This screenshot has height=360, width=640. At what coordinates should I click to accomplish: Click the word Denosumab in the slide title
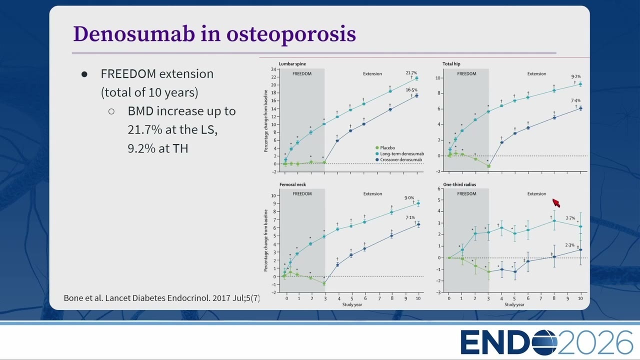(134, 34)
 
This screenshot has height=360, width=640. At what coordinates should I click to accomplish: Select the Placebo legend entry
(385, 147)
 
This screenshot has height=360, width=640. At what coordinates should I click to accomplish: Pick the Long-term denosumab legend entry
(399, 153)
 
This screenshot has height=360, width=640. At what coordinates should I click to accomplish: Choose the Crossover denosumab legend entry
(398, 159)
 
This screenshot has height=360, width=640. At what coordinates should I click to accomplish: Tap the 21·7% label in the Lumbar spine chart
(411, 73)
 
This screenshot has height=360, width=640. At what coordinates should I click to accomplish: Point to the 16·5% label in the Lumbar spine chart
(411, 90)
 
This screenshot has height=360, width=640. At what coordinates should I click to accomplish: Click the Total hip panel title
(451, 63)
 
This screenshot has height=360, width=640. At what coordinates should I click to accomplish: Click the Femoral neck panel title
(292, 184)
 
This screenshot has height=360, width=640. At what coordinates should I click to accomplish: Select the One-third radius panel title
(459, 184)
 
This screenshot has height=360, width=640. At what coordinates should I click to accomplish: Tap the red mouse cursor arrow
(556, 203)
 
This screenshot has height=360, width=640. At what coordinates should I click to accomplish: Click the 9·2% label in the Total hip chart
(576, 76)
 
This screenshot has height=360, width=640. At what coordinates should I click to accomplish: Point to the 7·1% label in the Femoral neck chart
(410, 217)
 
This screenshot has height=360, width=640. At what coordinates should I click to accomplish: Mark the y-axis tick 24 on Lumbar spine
(273, 69)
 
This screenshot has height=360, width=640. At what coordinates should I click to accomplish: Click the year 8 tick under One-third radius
(554, 298)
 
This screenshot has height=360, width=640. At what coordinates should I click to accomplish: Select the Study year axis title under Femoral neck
(352, 304)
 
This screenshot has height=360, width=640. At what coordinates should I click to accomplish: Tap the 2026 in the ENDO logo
(595, 342)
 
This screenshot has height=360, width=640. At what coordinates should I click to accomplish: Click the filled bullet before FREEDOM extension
(84, 74)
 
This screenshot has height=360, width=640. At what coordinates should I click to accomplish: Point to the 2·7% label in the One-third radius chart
(570, 218)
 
